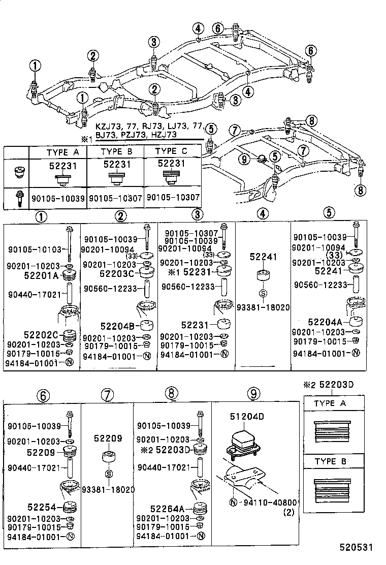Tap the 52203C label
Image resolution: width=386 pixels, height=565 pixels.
click(116, 273)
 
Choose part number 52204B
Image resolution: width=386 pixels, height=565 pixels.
click(117, 326)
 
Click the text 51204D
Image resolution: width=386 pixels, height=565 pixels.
click(247, 417)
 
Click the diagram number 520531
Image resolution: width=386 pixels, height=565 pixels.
click(357, 548)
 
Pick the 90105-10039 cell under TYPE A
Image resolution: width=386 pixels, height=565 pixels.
click(57, 197)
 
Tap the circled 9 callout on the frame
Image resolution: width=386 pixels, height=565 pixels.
click(244, 159)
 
